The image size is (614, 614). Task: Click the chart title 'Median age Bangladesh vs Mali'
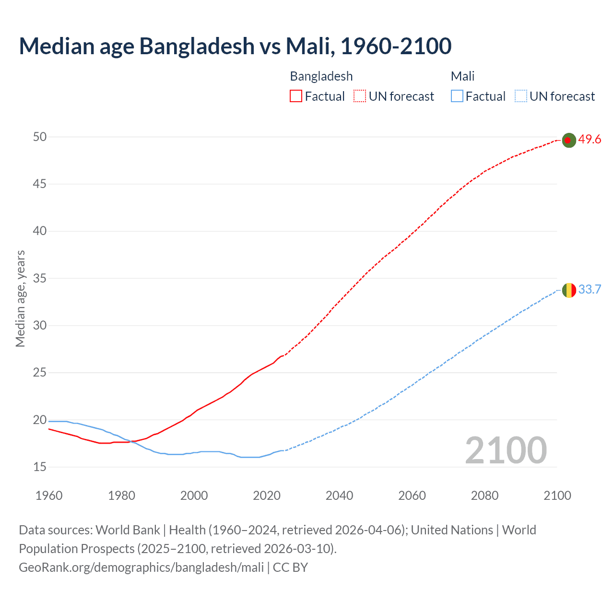click(235, 46)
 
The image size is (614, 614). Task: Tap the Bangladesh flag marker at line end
click(568, 140)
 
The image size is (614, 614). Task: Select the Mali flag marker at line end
click(568, 290)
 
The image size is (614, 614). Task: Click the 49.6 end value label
click(590, 140)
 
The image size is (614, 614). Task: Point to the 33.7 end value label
click(590, 290)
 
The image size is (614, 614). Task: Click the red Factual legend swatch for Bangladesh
click(296, 96)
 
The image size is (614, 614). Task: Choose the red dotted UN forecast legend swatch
click(360, 96)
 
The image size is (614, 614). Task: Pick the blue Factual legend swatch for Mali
click(457, 96)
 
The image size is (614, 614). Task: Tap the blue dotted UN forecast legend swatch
click(521, 96)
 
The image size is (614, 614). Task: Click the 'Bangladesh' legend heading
click(321, 76)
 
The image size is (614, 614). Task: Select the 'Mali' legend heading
click(462, 76)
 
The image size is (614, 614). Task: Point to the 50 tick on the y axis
click(40, 137)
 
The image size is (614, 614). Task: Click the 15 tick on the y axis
click(40, 467)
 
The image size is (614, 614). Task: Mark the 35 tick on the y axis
click(40, 278)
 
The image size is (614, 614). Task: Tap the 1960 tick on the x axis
click(49, 496)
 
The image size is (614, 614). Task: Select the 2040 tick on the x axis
click(339, 496)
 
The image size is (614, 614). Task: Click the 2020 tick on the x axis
click(267, 496)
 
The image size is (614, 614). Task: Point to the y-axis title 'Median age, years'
click(20, 298)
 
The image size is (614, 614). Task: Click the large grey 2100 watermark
click(506, 450)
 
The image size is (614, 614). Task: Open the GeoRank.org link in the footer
click(142, 567)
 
